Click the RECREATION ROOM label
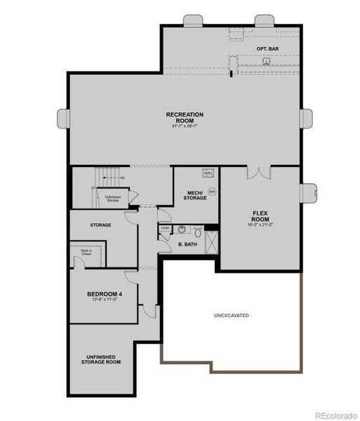[185, 118]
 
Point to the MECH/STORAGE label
[196, 195]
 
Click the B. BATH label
[186, 244]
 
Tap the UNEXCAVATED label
[232, 315]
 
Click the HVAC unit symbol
[208, 173]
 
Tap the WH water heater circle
[212, 191]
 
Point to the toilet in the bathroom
[198, 229]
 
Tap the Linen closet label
[166, 228]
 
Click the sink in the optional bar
[267, 61]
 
